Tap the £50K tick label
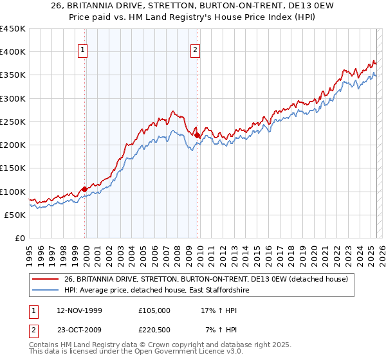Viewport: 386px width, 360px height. (15, 215)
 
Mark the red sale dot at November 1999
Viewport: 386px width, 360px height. (84, 189)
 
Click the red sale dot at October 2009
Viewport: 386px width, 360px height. (197, 135)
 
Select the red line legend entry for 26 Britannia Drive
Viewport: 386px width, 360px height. (206, 278)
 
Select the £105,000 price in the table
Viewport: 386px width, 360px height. (154, 310)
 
